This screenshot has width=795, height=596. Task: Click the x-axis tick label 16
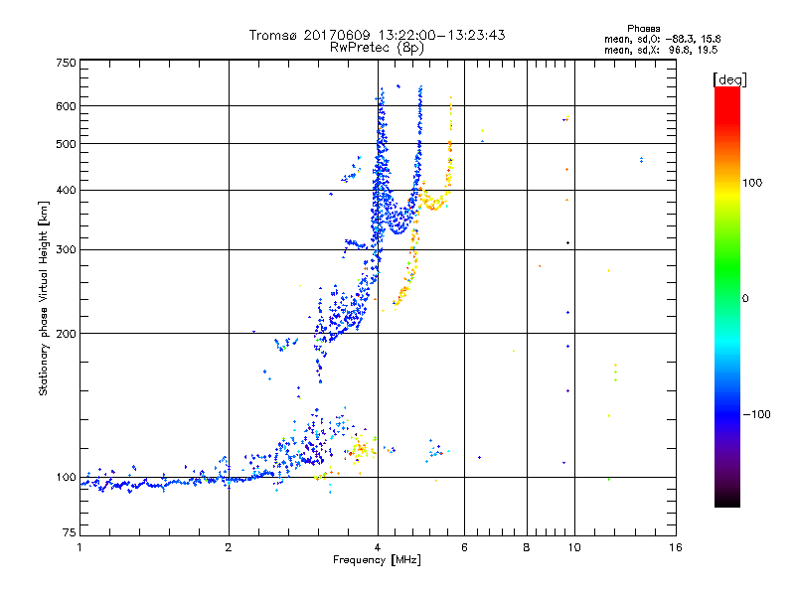[x=676, y=547]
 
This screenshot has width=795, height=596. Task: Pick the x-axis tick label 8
[x=527, y=547]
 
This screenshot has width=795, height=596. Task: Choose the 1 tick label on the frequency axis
[x=79, y=547]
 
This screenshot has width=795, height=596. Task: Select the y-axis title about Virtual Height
[x=44, y=299]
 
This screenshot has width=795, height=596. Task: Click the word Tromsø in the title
[x=274, y=35]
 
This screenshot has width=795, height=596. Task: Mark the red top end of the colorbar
[x=726, y=91]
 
